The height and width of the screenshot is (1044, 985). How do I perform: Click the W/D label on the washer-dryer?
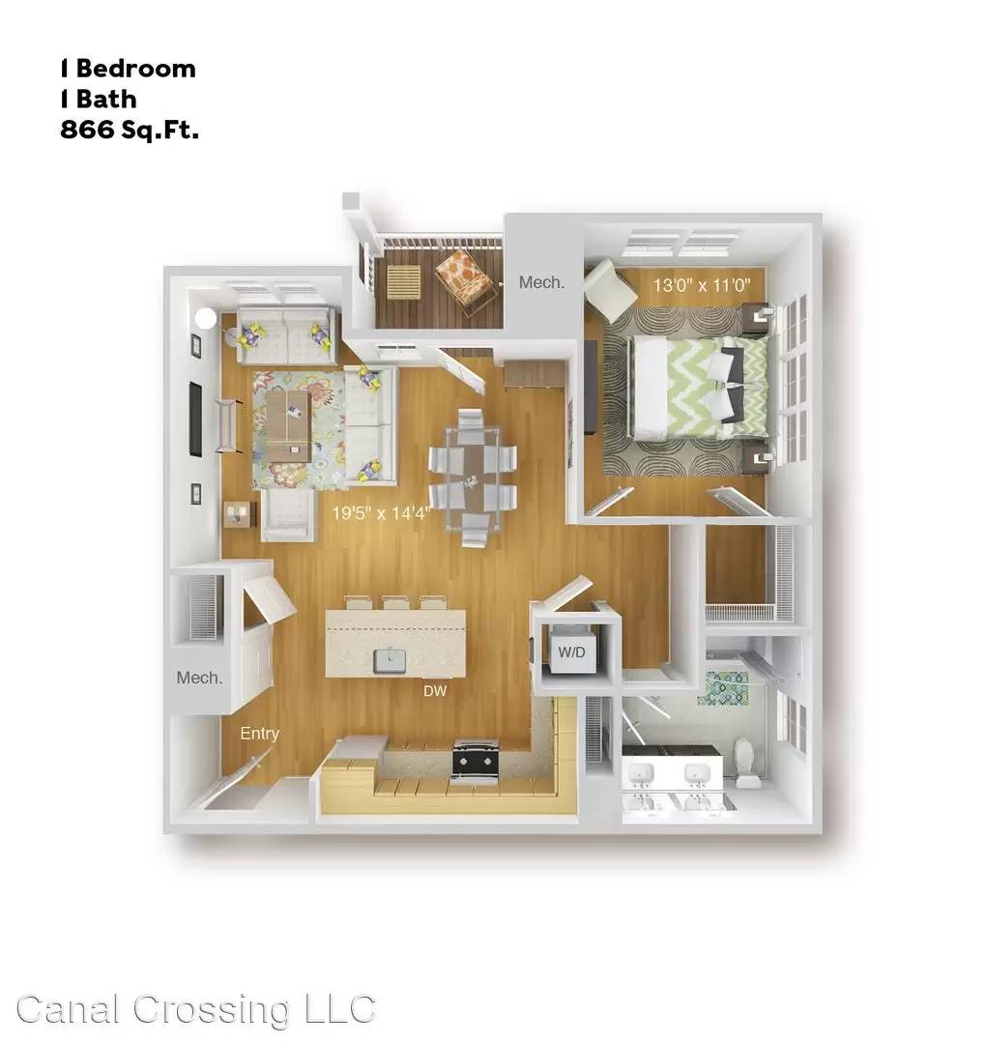coord(571,652)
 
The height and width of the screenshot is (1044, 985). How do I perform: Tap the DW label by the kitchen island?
coord(435,691)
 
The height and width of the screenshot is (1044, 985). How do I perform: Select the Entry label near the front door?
coord(259,734)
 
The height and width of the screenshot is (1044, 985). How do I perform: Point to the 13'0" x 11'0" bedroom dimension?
coord(701,285)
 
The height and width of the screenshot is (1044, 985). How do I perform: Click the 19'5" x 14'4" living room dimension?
coord(382,512)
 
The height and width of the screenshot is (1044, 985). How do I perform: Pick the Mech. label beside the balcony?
coord(541,282)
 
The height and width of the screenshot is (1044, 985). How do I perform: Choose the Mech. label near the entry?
coord(199,678)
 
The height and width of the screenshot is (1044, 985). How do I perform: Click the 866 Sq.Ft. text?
coord(130,130)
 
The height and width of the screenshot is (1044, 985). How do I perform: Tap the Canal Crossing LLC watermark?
coord(196,1009)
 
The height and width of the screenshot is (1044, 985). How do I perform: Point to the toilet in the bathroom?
coord(746,762)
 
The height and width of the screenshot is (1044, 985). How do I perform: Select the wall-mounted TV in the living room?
coord(196,419)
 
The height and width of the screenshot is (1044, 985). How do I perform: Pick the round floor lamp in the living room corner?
coord(206,318)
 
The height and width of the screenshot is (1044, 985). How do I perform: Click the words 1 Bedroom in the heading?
coord(128,69)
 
